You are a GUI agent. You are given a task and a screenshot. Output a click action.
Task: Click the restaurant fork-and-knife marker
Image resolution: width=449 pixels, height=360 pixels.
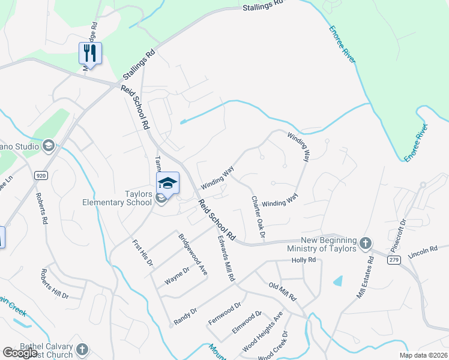click(90, 53)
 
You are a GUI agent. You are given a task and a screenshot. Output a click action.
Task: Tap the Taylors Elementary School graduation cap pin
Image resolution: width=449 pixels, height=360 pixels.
click(168, 183)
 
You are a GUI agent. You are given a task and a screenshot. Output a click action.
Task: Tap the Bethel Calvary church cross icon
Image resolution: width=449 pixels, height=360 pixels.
click(82, 349)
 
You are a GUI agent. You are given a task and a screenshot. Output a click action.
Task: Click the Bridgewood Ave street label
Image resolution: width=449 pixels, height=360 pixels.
click(193, 254)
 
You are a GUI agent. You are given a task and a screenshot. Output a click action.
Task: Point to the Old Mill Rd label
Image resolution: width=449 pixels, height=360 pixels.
click(282, 291)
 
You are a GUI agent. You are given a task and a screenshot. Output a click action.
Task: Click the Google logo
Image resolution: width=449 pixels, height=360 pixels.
click(20, 353)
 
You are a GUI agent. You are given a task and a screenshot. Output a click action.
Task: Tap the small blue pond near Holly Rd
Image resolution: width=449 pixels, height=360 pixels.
click(339, 280)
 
